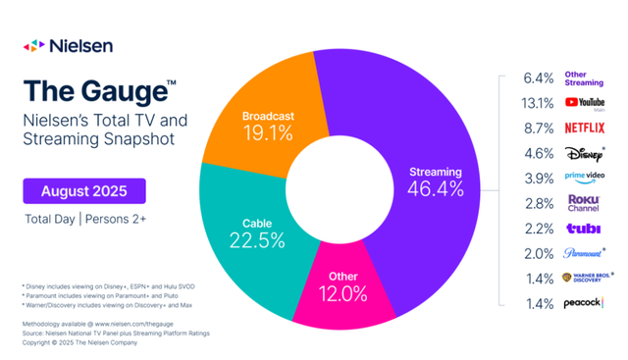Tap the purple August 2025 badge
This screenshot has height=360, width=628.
(84, 189)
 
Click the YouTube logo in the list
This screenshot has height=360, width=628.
(585, 103)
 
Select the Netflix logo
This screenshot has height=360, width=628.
(585, 128)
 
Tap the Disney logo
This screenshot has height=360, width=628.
(583, 153)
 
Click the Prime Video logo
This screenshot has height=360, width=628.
(585, 178)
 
